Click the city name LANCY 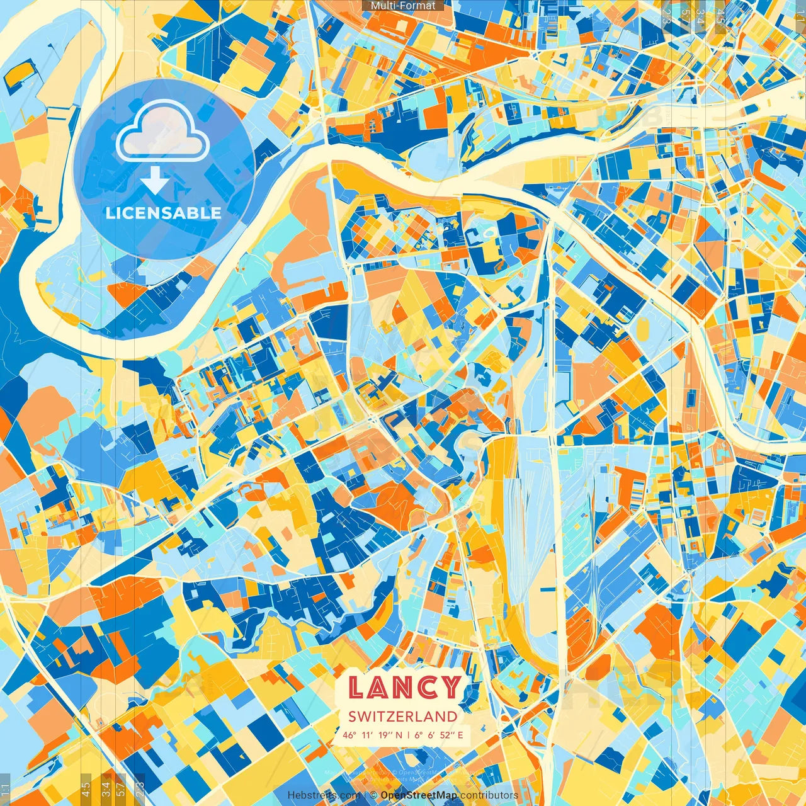404,687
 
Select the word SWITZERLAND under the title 403,716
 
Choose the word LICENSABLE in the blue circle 163,213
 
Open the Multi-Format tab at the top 402,6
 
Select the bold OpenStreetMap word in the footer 419,795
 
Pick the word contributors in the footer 489,795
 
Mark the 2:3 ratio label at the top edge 666,16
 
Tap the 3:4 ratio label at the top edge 700,16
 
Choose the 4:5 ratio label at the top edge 720,16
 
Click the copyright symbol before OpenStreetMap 373,795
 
